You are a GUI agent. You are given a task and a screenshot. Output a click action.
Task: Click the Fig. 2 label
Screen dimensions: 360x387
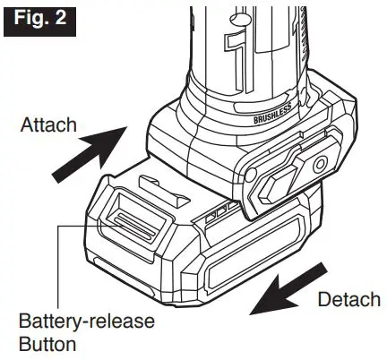(x=37, y=18)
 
